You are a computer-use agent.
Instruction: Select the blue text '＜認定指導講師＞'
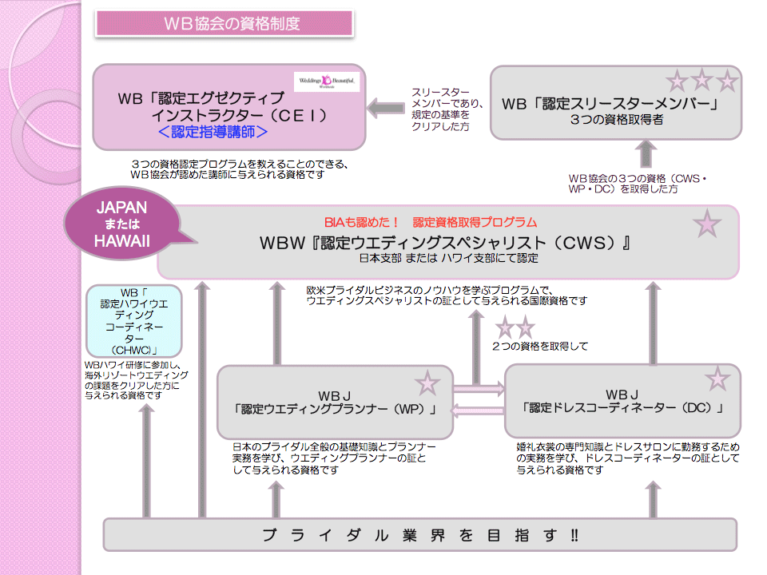pos(212,132)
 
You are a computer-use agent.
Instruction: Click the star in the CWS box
pos(707,225)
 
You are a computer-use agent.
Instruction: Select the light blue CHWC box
pos(133,321)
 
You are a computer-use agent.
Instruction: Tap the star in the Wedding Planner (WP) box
pos(427,383)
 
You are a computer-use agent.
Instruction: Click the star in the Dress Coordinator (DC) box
pos(717,379)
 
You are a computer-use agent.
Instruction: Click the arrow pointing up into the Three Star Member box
pos(646,154)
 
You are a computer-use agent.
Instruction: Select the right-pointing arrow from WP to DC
pos(479,389)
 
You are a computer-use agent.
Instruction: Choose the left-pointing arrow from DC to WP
pos(479,410)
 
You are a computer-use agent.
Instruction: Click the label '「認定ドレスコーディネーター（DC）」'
pos(622,409)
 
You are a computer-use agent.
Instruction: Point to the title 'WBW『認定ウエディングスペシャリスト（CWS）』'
pos(444,242)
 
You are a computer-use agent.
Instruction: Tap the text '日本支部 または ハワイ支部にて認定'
pos(448,260)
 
